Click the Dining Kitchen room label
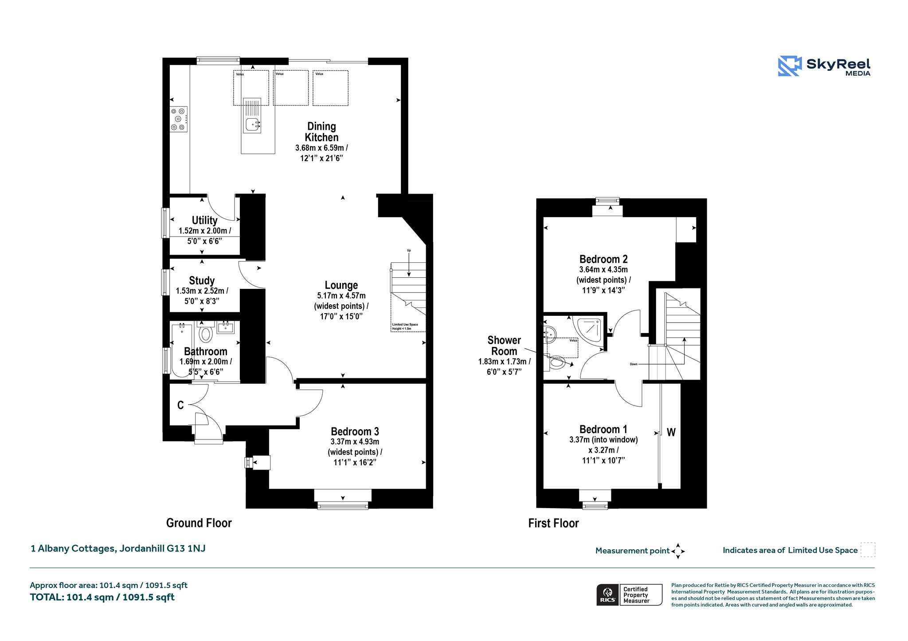(321, 132)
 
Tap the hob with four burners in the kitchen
(179, 119)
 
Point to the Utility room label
(204, 220)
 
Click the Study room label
(202, 280)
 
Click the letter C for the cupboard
(180, 405)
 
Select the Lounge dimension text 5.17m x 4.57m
(341, 295)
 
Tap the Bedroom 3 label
(355, 431)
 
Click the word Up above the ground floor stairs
(409, 250)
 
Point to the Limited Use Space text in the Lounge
(405, 325)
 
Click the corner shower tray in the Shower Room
(590, 328)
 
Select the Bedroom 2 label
(603, 259)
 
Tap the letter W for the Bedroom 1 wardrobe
(671, 432)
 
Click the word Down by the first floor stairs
(634, 364)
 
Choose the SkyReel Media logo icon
(790, 66)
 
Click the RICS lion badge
(607, 594)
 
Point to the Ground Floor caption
(199, 523)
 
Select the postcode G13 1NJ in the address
(186, 548)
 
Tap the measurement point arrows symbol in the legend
(678, 551)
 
